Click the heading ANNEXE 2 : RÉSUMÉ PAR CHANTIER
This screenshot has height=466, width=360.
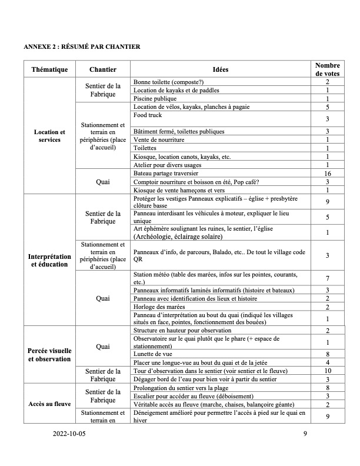click(x=81, y=46)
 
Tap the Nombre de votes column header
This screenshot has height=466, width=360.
click(x=327, y=69)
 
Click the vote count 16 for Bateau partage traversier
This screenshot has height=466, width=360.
click(x=327, y=174)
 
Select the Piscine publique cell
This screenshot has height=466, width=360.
click(x=155, y=99)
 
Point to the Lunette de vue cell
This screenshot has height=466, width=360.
click(x=153, y=354)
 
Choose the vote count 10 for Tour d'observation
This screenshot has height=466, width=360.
click(x=327, y=371)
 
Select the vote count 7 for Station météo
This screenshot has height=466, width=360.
click(x=327, y=278)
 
